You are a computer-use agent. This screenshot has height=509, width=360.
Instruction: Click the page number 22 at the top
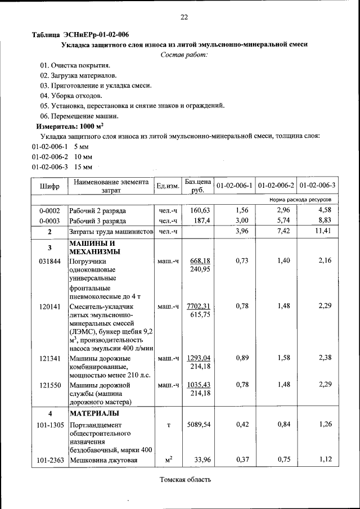coord(184,17)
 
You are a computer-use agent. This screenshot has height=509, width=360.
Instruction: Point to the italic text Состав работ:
coord(184,55)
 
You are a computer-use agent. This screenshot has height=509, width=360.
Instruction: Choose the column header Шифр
coord(49,186)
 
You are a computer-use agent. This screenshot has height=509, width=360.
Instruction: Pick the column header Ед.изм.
coord(168,186)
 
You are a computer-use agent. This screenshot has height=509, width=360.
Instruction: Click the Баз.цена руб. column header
coord(197,186)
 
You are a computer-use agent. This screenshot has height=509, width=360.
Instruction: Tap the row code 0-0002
coord(49,210)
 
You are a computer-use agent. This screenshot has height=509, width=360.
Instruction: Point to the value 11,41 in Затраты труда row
coord(322,231)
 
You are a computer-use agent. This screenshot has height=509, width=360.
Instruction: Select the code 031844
coord(49,261)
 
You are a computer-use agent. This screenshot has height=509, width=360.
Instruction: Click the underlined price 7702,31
coord(198,306)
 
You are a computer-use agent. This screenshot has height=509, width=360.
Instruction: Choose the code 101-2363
coord(49,461)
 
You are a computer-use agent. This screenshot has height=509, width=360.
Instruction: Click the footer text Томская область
coord(185,480)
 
